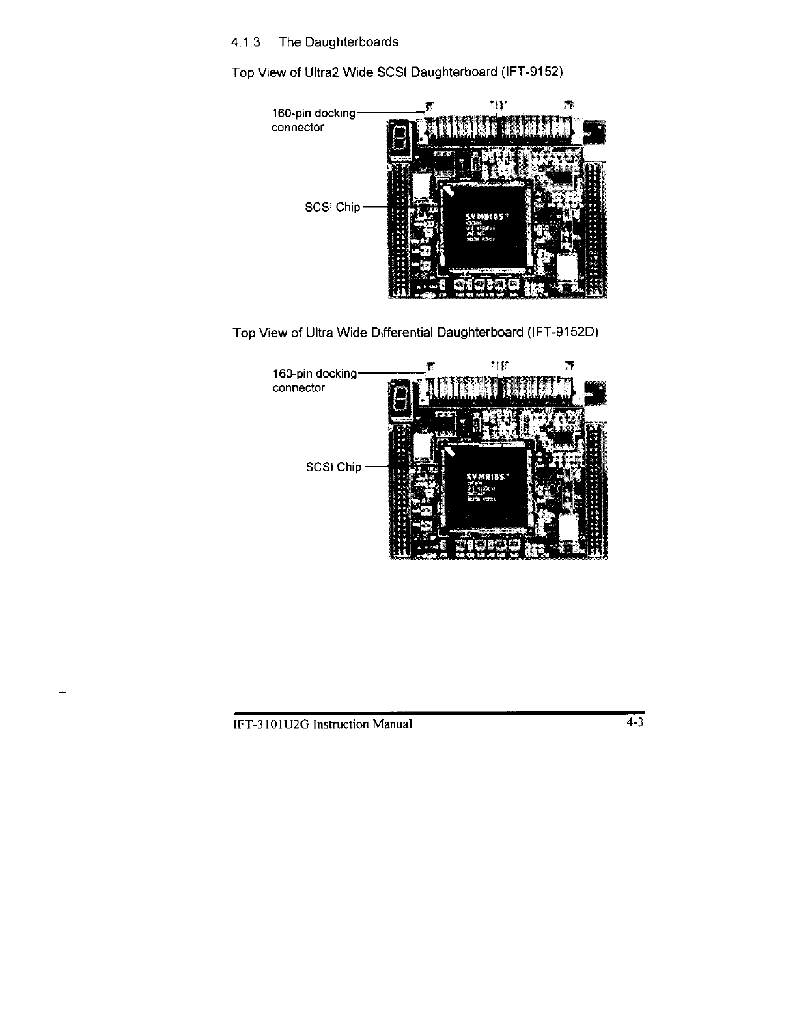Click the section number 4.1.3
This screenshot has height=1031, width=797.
[x=245, y=43]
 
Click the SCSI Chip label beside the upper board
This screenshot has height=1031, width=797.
[x=332, y=208]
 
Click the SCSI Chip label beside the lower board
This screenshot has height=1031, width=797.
[x=333, y=467]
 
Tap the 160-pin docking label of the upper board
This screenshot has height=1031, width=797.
[x=313, y=113]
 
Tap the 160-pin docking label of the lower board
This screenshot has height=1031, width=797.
[x=315, y=374]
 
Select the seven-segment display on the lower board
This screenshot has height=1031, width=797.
[x=400, y=398]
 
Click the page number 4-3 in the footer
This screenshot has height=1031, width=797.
[x=635, y=723]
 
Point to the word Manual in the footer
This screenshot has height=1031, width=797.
[x=393, y=724]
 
